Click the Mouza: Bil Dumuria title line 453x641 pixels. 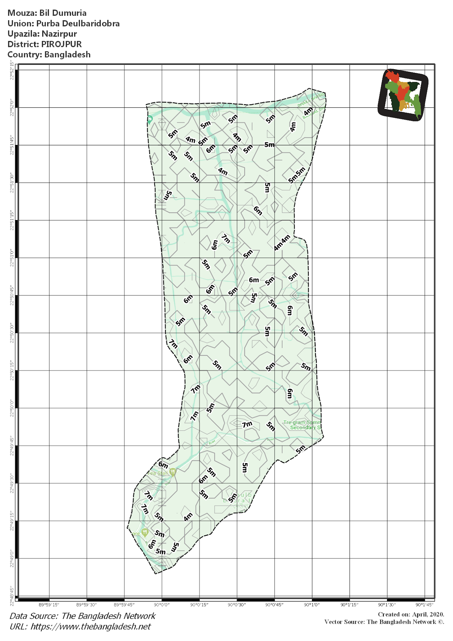47,13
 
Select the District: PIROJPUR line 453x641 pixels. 45,44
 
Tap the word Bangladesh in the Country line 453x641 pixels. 67,54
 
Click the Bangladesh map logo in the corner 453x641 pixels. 403,95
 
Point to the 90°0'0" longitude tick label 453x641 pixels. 162,604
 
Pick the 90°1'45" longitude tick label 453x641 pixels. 424,604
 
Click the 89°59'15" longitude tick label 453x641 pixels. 49,604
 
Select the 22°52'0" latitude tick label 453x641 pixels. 12,108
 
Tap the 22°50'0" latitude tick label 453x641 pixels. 12,408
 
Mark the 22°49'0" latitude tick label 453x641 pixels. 12,558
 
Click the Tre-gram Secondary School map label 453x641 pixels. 302,425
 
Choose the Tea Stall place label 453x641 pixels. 158,473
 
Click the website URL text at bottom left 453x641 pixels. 80,626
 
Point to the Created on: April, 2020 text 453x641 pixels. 411,614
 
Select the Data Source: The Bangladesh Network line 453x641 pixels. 83,616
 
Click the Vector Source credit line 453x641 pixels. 384,622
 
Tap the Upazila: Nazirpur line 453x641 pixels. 42,34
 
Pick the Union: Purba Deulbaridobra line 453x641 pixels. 64,23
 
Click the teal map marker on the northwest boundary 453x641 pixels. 150,119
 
